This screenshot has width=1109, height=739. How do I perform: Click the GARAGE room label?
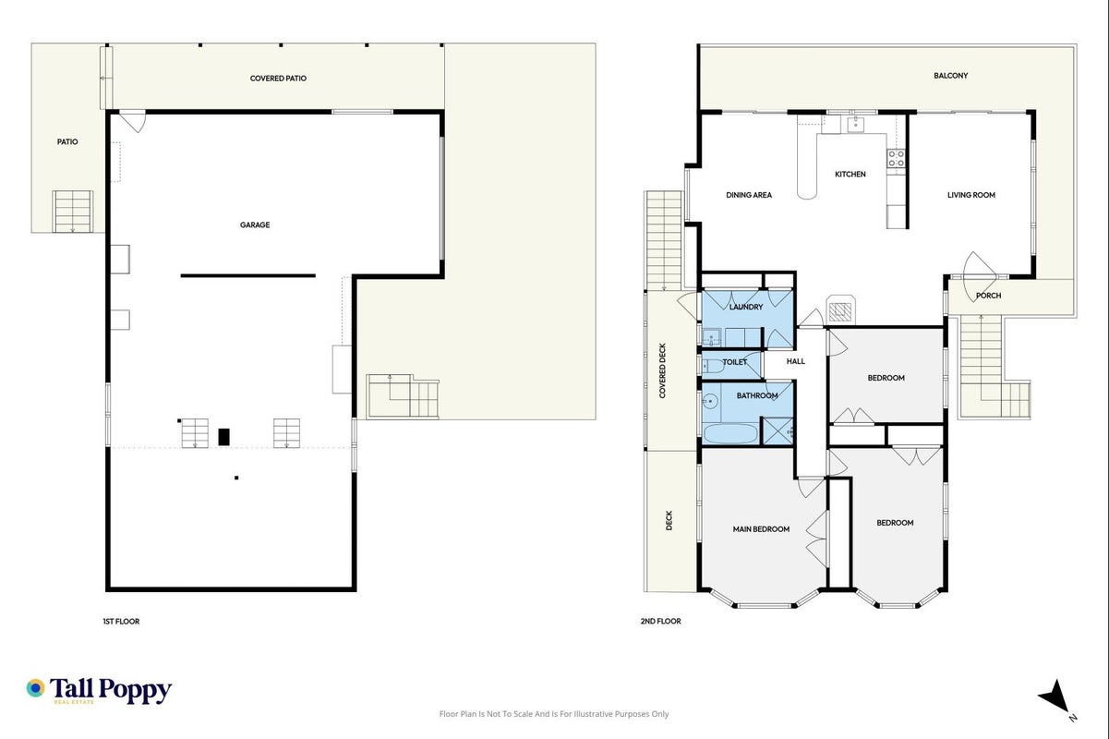(255, 224)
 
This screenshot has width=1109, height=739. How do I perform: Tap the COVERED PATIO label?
(278, 79)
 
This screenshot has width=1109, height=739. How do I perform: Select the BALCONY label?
(950, 76)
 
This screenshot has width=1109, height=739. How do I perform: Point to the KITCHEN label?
(850, 175)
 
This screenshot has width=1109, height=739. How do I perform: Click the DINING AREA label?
(749, 195)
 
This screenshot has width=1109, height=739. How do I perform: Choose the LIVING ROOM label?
(970, 195)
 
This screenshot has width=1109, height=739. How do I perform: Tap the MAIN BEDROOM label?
(761, 529)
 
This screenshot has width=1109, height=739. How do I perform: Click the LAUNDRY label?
(745, 307)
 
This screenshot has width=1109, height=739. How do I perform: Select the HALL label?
(796, 361)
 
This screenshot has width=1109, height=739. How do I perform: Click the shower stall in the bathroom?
(777, 430)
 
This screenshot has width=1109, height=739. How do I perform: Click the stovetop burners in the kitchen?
(896, 159)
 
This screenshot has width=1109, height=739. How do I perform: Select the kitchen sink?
(855, 124)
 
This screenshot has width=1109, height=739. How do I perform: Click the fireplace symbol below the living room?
(840, 310)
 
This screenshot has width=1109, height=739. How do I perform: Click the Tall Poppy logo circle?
(35, 688)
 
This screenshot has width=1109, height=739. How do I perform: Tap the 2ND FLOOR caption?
(660, 621)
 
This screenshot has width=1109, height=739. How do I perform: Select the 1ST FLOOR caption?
(121, 622)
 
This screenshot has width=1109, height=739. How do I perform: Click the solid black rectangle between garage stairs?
(223, 437)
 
